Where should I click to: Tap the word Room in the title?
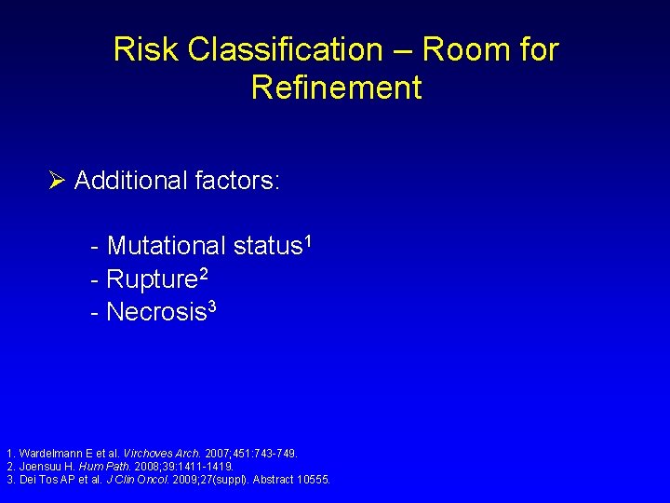[449, 49]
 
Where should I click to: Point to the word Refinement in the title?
[336, 88]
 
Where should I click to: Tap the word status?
[267, 247]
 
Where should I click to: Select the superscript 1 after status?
[307, 241]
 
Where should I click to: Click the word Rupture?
[152, 279]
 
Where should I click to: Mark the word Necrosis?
[155, 312]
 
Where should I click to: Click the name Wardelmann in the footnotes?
[47, 454]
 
